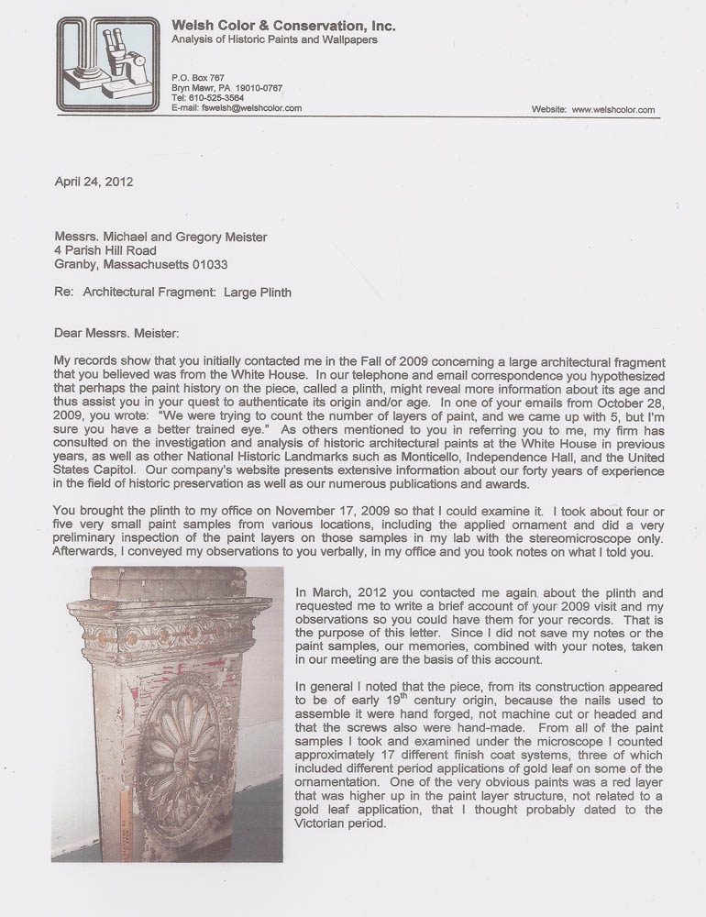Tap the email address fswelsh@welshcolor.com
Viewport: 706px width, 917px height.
249,107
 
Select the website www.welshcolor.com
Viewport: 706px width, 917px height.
613,109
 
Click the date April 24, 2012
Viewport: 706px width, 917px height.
94,182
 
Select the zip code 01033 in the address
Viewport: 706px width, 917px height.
207,264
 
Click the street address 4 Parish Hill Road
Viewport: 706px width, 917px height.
105,250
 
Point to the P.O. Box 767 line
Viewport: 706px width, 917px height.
198,77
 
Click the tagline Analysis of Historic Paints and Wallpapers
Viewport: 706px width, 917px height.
274,40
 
